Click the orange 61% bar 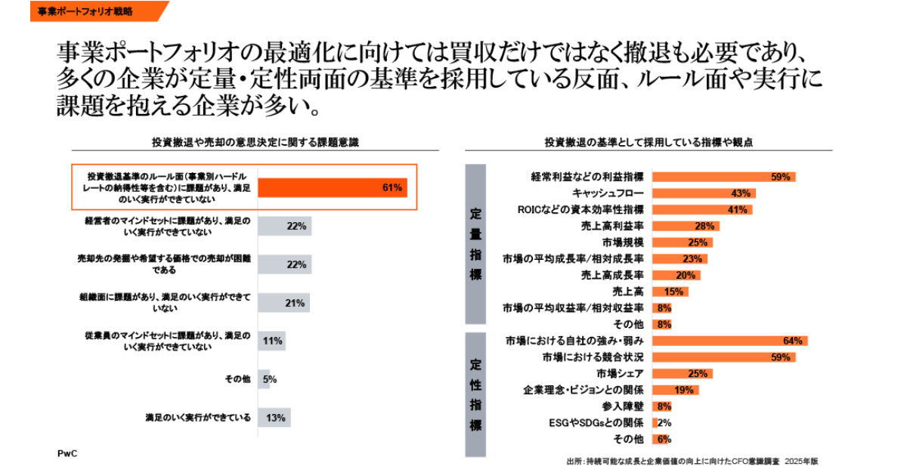point(333,187)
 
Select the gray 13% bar point(274,418)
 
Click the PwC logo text point(67,453)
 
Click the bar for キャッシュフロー point(703,193)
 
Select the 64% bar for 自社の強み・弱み point(729,341)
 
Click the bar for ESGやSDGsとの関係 point(655,422)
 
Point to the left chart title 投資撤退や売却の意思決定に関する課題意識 point(255,141)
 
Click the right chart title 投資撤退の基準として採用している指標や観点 point(649,141)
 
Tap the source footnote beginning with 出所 point(692,459)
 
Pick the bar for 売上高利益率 point(685,226)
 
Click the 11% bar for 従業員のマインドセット point(271,341)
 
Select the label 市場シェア point(619,373)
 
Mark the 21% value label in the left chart point(295,303)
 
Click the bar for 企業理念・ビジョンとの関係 point(674,390)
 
